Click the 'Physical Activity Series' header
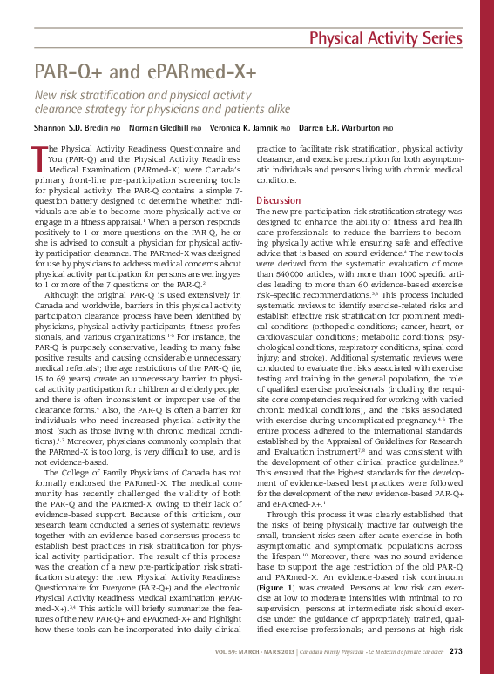[386, 38]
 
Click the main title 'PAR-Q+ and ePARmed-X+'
[145, 71]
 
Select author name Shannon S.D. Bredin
[71, 127]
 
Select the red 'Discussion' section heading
[278, 200]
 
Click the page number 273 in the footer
[456, 652]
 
